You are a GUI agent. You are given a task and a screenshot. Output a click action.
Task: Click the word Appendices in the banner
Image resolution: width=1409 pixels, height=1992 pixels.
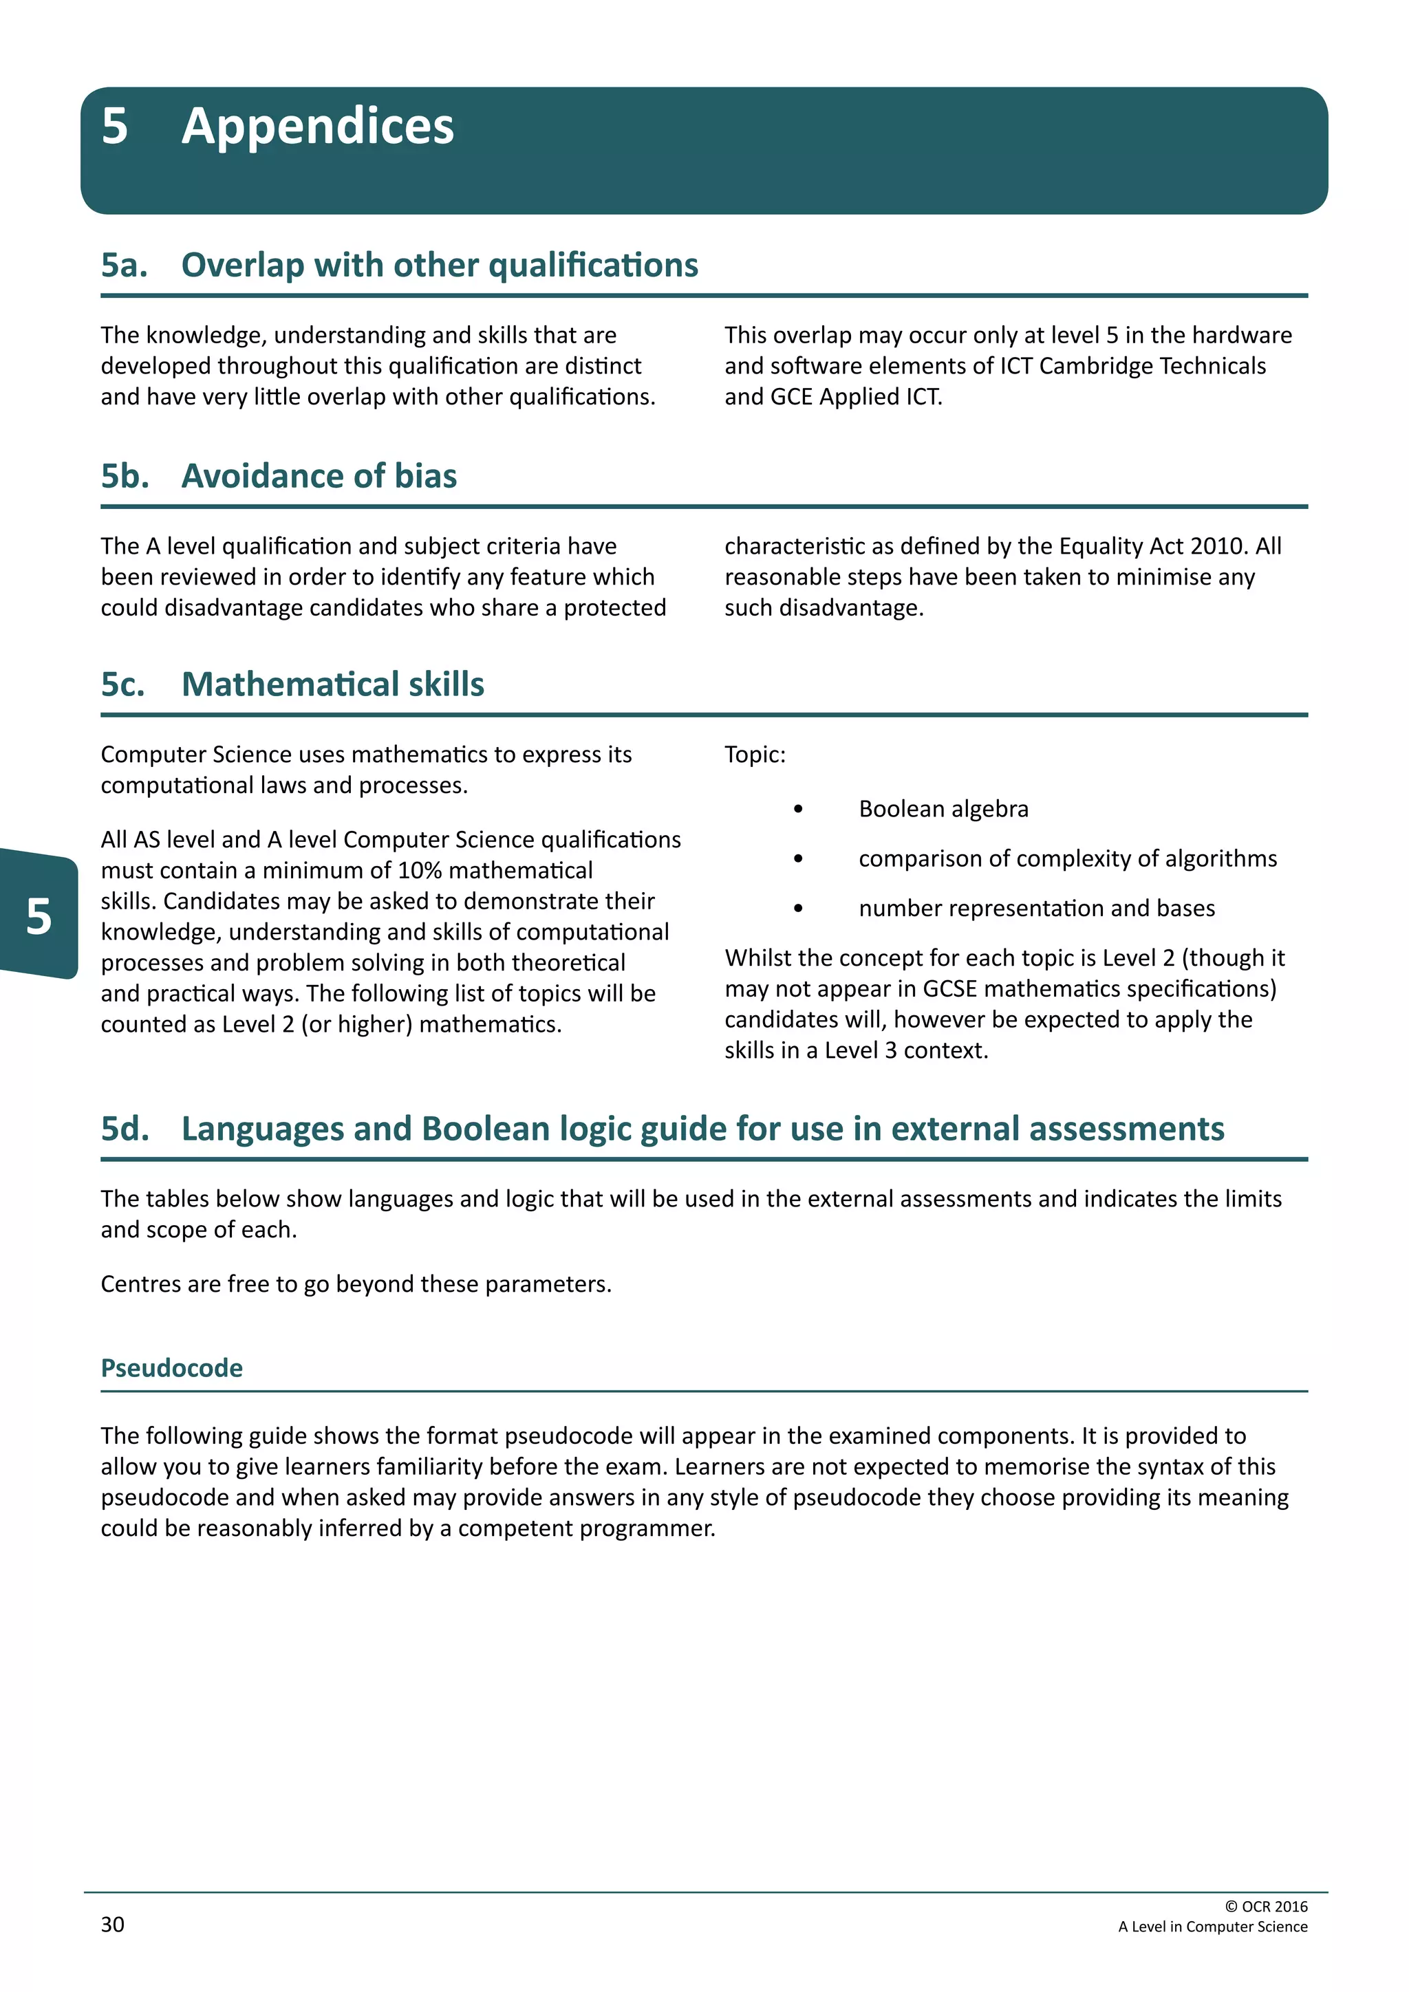[x=318, y=127]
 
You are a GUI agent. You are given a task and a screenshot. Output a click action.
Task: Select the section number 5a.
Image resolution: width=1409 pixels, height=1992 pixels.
[x=123, y=266]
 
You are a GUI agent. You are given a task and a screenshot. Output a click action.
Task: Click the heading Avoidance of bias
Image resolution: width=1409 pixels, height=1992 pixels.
[x=319, y=476]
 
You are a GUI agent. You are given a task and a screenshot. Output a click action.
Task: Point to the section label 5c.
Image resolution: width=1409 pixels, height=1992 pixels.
[x=122, y=684]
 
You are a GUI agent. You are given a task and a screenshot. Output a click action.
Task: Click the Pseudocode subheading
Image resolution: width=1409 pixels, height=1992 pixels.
[x=172, y=1368]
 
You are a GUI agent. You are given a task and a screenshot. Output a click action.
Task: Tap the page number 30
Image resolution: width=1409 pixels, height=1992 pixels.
[x=113, y=1925]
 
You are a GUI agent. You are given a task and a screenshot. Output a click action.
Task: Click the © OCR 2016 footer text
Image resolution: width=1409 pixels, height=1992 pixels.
[x=1266, y=1906]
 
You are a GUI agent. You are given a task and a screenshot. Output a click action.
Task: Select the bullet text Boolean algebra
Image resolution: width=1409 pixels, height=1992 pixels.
[x=943, y=809]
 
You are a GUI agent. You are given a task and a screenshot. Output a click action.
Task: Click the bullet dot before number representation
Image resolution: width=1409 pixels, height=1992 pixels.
[x=798, y=909]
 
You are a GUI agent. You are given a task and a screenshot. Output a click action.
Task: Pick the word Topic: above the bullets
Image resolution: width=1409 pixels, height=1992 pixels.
[x=755, y=755]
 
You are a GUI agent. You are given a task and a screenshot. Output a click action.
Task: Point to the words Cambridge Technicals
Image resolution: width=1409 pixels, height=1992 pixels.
[x=1152, y=366]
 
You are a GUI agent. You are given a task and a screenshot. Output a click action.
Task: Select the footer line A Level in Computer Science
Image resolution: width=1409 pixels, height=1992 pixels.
[x=1212, y=1926]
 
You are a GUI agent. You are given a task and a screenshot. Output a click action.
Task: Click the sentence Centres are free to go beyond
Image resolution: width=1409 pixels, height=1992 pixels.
[x=356, y=1284]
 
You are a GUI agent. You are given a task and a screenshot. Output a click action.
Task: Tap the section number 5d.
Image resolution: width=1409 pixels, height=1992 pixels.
[x=124, y=1129]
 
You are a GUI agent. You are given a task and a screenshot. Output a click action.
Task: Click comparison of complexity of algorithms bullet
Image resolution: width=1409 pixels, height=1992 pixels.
[x=1067, y=859]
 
